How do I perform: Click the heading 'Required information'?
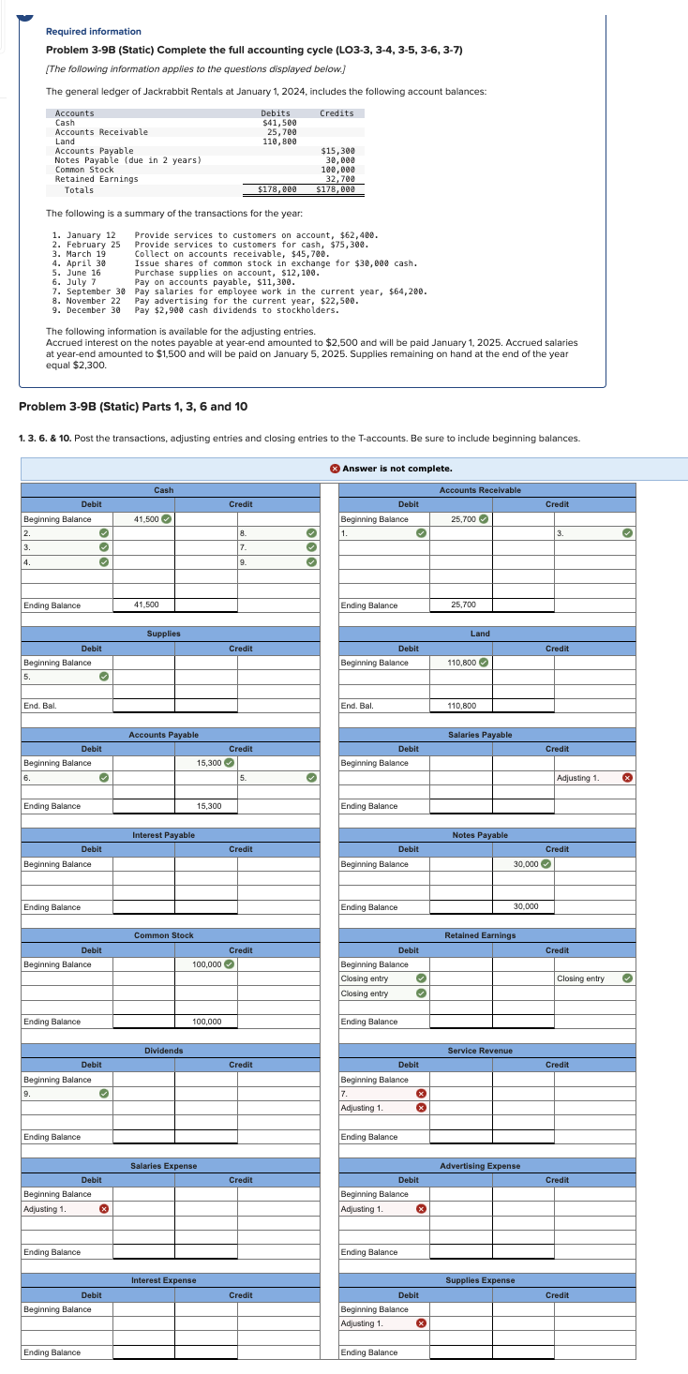pos(94,32)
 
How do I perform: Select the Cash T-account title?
pos(163,490)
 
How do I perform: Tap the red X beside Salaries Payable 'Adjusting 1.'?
pos(628,778)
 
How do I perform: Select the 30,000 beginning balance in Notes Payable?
pos(526,864)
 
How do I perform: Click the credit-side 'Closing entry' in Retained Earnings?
pos(580,978)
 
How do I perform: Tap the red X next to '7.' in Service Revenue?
pos(421,1093)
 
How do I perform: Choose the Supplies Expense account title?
pos(480,1280)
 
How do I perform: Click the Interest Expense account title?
pos(163,1280)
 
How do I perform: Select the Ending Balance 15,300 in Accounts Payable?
pos(208,806)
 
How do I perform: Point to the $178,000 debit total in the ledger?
pos(277,189)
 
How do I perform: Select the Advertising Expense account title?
pos(480,1165)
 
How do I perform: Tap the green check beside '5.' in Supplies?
pos(105,677)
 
